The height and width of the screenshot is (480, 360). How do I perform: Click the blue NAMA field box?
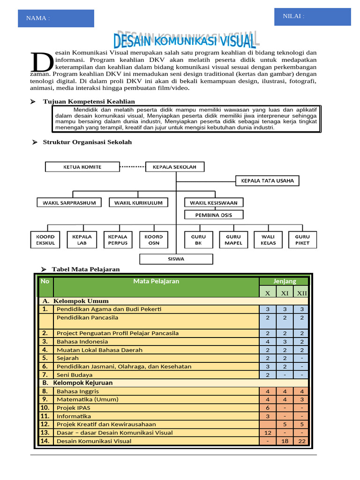pyautogui.click(x=56, y=18)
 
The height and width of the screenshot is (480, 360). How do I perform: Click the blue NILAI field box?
pyautogui.click(x=313, y=16)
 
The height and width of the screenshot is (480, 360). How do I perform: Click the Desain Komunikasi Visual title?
pyautogui.click(x=185, y=41)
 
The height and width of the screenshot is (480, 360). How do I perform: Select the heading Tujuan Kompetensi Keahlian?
pyautogui.click(x=89, y=101)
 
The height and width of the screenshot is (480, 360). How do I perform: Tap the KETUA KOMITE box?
pyautogui.click(x=82, y=167)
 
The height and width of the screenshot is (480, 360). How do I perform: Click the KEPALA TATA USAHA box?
pyautogui.click(x=267, y=180)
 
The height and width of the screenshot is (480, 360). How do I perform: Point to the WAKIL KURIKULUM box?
pyautogui.click(x=138, y=202)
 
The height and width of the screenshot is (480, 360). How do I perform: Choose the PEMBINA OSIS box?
pyautogui.click(x=214, y=215)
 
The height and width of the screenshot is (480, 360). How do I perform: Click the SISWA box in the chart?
pyautogui.click(x=176, y=259)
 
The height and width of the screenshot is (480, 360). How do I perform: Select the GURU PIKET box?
pyautogui.click(x=302, y=240)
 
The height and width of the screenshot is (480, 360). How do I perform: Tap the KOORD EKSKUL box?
pyautogui.click(x=45, y=240)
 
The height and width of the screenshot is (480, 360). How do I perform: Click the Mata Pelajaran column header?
pyautogui.click(x=156, y=281)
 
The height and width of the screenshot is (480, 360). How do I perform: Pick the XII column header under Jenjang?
pyautogui.click(x=301, y=293)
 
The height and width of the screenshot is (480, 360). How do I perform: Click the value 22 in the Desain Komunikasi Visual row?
pyautogui.click(x=301, y=441)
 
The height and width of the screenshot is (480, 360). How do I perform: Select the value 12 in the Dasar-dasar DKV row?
pyautogui.click(x=268, y=433)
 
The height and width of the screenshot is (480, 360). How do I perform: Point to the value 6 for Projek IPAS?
pyautogui.click(x=268, y=408)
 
